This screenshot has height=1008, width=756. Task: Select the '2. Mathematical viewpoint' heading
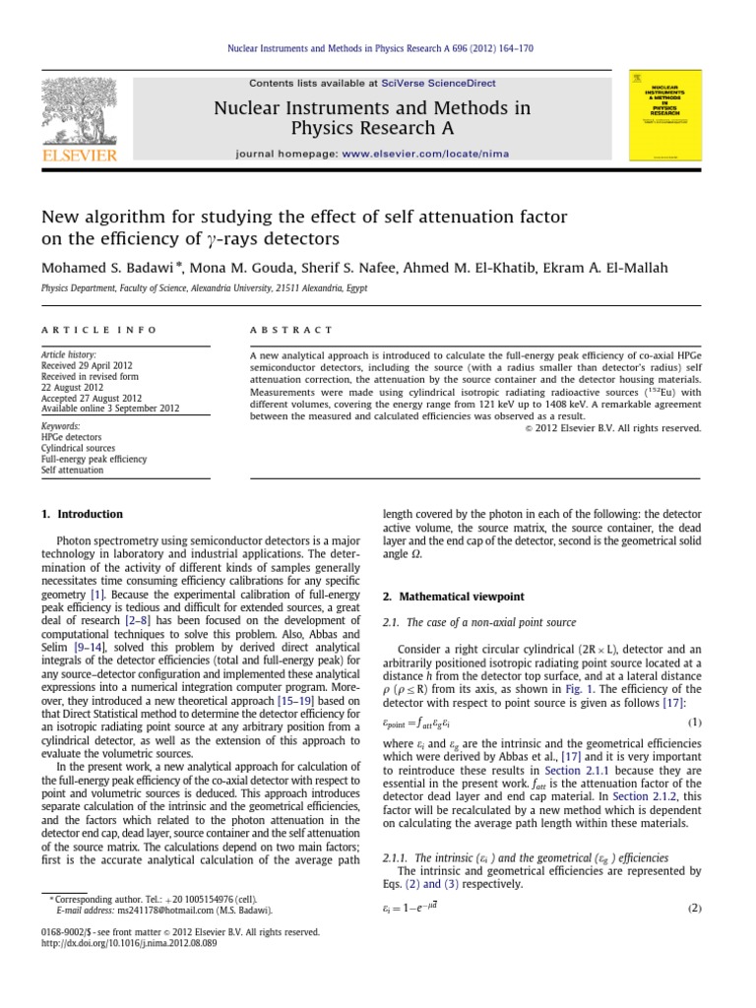[452, 597]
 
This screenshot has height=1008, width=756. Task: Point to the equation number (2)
[694, 908]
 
